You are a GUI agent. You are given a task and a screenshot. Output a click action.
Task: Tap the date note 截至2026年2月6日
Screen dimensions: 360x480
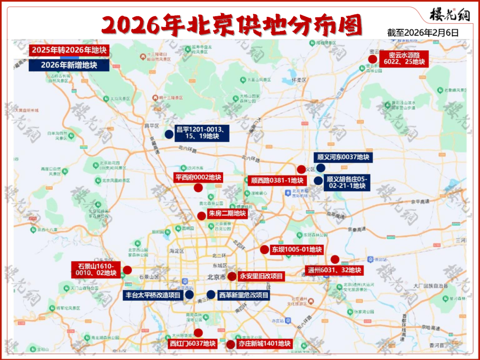click(423, 33)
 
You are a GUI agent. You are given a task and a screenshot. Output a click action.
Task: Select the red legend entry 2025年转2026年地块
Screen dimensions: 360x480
click(68, 50)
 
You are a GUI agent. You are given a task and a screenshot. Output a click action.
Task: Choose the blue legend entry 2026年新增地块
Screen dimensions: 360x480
click(68, 65)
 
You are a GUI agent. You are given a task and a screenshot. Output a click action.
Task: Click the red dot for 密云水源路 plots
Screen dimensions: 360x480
click(373, 59)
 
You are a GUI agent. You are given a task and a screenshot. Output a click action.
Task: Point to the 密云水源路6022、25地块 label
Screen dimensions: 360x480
click(404, 59)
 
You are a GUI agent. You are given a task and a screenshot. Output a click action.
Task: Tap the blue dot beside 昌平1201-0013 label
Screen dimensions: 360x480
click(169, 134)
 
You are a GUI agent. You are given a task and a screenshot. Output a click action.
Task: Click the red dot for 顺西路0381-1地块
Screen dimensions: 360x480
click(301, 169)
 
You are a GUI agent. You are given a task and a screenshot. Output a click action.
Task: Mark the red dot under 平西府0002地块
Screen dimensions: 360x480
click(198, 188)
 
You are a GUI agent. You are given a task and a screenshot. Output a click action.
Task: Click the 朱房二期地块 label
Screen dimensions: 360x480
click(227, 213)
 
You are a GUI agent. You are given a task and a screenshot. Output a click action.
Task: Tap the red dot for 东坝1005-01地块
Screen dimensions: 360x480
click(264, 249)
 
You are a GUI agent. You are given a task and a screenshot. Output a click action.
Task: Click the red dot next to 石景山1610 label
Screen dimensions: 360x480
click(128, 270)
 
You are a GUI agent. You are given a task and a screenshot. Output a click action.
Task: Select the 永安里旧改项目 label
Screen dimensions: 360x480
click(261, 276)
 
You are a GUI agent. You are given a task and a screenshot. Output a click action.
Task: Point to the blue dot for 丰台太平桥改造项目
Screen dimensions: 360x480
click(189, 294)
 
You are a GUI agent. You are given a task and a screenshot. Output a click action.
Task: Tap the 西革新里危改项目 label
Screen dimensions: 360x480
click(244, 295)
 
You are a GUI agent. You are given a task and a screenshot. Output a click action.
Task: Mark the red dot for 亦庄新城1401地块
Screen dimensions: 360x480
click(231, 344)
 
